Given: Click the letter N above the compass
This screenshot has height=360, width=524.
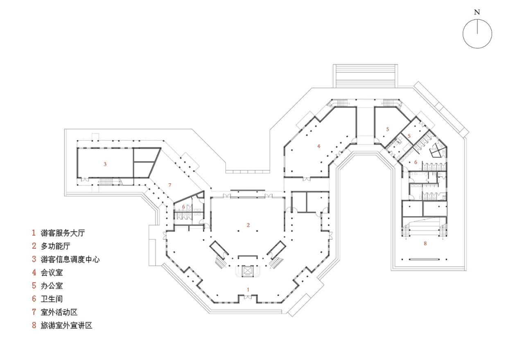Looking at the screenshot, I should (x=477, y=12).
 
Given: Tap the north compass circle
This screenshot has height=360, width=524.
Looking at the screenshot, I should (x=477, y=34).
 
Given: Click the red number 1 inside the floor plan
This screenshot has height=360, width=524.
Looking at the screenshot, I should (x=248, y=289).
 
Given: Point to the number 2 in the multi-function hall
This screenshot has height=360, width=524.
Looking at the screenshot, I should (x=248, y=225).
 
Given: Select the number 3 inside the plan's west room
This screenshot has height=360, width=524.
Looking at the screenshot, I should (x=105, y=164).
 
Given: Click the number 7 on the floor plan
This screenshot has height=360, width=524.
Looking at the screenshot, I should (x=169, y=185).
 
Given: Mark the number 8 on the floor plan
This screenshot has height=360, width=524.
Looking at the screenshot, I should (x=425, y=243).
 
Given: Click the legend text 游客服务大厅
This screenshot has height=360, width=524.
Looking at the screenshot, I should (x=63, y=233).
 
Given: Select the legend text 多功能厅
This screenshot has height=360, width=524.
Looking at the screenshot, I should (x=57, y=246).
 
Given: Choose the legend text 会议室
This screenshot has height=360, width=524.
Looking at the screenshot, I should (x=52, y=272).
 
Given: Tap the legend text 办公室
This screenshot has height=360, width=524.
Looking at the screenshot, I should (x=52, y=286).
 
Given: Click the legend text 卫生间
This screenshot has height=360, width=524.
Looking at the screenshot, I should (x=52, y=299).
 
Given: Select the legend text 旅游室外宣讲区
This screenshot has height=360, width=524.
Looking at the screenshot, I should (x=63, y=326).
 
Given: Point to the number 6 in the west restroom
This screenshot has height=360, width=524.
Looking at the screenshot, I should (x=183, y=207).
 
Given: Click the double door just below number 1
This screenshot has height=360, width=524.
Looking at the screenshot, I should (x=248, y=297).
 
